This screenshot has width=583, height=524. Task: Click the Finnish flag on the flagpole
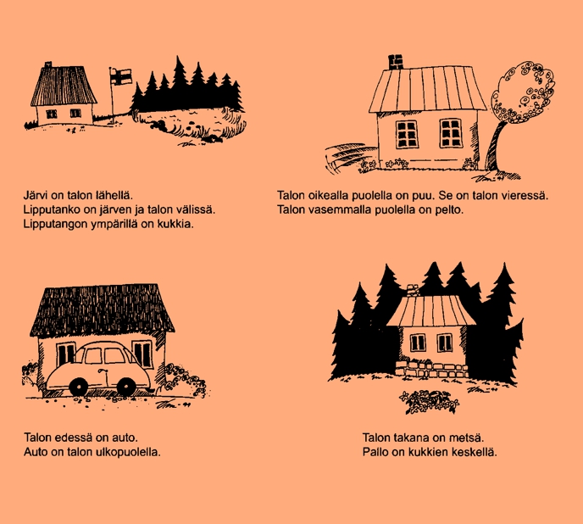pyautogui.click(x=121, y=76)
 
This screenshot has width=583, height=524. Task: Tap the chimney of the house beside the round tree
pyautogui.click(x=396, y=62)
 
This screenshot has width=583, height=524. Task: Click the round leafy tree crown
pyautogui.click(x=522, y=92)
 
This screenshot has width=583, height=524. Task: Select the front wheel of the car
pyautogui.click(x=79, y=387)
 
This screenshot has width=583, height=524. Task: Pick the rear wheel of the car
pyautogui.click(x=126, y=387)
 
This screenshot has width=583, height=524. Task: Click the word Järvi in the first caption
pyautogui.click(x=35, y=195)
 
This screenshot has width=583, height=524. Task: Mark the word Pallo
pyautogui.click(x=375, y=452)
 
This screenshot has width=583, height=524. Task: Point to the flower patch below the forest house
pyautogui.click(x=429, y=402)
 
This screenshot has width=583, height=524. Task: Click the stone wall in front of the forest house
pyautogui.click(x=431, y=369)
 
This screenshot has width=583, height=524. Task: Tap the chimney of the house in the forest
pyautogui.click(x=413, y=290)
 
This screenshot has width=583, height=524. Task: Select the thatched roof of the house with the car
pyautogui.click(x=102, y=309)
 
